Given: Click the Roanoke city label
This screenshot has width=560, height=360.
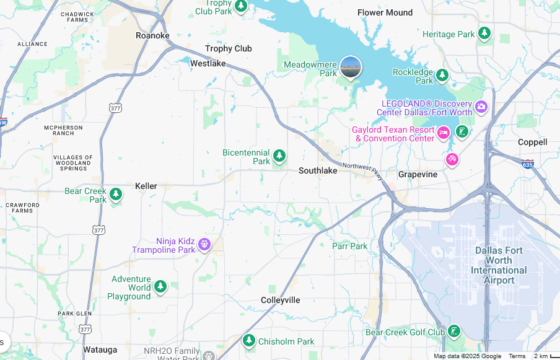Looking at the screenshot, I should click(152, 35).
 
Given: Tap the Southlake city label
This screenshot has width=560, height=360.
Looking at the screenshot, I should click(318, 170).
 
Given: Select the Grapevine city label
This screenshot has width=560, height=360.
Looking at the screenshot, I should click(418, 174).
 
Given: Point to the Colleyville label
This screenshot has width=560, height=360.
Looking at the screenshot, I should click(280, 300).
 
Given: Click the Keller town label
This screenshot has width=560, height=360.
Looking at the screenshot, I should click(146, 186).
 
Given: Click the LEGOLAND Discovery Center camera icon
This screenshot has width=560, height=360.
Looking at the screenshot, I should click(481, 107).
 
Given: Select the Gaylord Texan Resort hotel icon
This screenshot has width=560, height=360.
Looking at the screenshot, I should click(444, 132).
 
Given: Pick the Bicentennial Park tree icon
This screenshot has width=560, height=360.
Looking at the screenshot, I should click(279, 156).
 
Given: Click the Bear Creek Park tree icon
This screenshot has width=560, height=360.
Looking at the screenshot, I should click(116, 195).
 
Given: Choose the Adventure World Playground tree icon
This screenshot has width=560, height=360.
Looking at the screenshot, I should click(160, 287).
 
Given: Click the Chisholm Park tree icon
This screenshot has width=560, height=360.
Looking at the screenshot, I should click(249, 340).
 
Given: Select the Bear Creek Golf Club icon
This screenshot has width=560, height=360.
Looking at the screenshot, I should click(455, 331).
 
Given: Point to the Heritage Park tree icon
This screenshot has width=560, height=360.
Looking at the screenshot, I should click(484, 33).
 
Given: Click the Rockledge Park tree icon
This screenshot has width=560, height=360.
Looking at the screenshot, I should click(442, 76).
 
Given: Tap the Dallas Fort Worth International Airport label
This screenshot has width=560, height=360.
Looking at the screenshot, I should click(499, 265).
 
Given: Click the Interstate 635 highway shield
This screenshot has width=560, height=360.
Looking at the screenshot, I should click(527, 164).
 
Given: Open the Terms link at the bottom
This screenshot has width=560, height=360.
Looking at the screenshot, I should click(517, 356).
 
